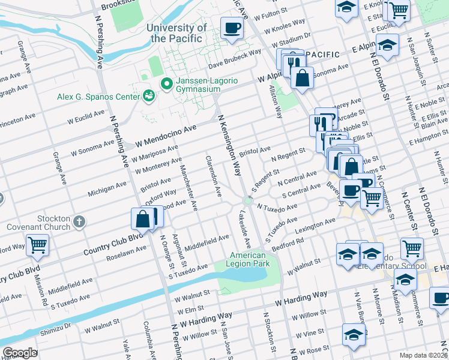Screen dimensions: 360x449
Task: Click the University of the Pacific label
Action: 179,33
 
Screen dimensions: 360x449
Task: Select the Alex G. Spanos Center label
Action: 97,96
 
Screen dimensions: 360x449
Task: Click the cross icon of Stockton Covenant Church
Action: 79,223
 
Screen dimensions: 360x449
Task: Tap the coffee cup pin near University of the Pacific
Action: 232,28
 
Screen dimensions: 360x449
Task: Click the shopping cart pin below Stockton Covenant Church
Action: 37,245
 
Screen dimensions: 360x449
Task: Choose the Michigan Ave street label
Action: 107,188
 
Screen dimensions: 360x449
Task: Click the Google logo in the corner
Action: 20,353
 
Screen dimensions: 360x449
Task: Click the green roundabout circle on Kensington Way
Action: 247,200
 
